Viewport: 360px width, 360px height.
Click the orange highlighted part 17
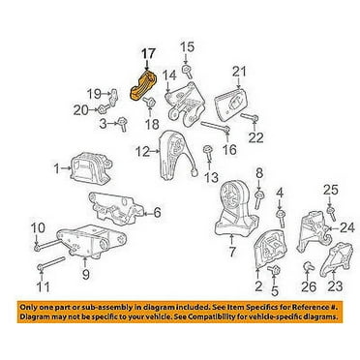tap(143, 86)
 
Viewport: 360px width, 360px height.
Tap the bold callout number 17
tap(148, 54)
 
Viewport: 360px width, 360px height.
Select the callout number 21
tap(239, 72)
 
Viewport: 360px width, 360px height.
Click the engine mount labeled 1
tap(91, 166)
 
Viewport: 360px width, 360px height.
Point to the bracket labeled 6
tap(115, 208)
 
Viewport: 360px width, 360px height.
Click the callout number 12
tap(143, 151)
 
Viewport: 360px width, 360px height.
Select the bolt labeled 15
tap(188, 71)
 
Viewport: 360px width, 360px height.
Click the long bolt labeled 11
tap(50, 263)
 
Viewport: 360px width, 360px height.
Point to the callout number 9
tap(85, 275)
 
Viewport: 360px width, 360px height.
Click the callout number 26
tap(309, 286)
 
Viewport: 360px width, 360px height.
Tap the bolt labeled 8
tap(260, 199)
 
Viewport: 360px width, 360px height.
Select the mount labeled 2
tap(270, 250)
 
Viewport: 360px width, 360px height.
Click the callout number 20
tap(80, 111)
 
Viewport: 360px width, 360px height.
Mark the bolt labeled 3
tap(123, 124)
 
